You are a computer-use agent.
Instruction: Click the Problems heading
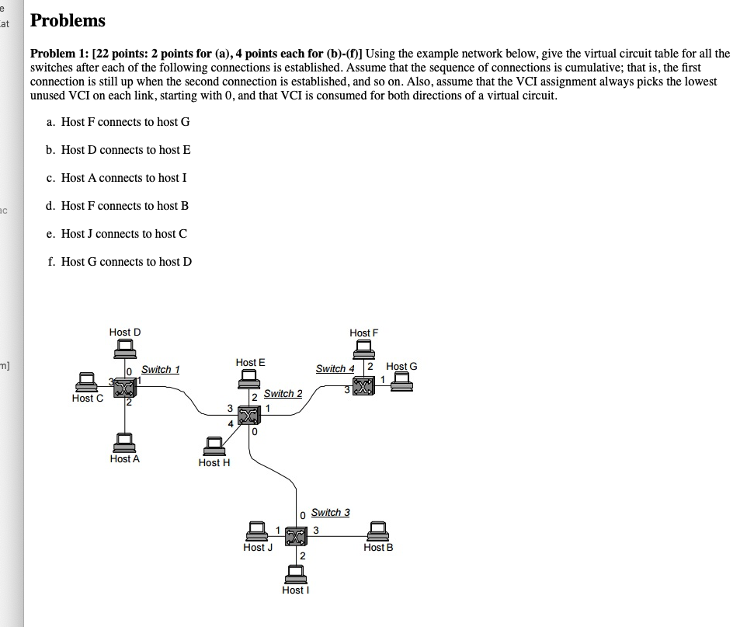pyautogui.click(x=68, y=21)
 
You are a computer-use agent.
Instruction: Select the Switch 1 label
pyautogui.click(x=161, y=369)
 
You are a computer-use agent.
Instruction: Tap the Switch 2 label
pyautogui.click(x=283, y=393)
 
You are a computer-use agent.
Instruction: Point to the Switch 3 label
pyautogui.click(x=330, y=512)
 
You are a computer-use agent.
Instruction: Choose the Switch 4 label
pyautogui.click(x=335, y=368)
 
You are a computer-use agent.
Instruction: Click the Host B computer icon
pyautogui.click(x=378, y=531)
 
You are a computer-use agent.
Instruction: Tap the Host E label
pyautogui.click(x=250, y=362)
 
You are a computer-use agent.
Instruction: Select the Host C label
pyautogui.click(x=87, y=399)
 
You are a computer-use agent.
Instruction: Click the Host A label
pyautogui.click(x=125, y=459)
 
